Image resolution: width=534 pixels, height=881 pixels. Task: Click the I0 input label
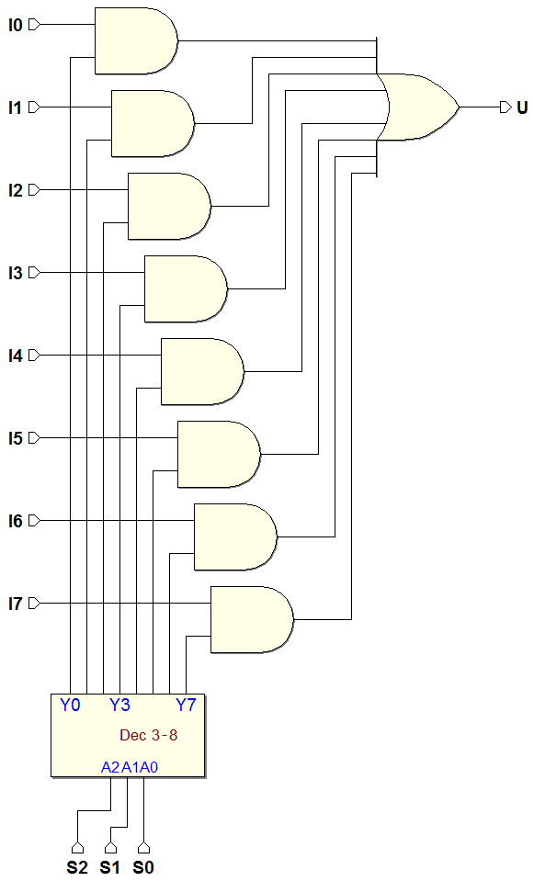tap(16, 25)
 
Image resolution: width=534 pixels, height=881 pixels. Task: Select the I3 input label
tap(16, 273)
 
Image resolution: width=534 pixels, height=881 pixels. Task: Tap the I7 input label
tap(16, 604)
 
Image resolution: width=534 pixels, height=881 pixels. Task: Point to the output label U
tap(522, 107)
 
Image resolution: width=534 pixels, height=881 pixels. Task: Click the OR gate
tap(417, 107)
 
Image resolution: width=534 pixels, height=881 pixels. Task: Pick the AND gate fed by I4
tap(202, 371)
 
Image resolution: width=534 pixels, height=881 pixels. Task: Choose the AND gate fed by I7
tap(252, 620)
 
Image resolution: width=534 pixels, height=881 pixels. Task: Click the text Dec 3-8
tap(148, 735)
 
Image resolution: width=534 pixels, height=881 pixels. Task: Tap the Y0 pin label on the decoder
tap(70, 705)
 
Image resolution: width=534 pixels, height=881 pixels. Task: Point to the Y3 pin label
tap(119, 705)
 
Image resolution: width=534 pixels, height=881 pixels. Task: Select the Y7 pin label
tap(186, 705)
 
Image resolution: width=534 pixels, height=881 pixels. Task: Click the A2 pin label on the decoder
tap(110, 767)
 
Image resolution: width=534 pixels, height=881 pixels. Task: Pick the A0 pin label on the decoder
tap(148, 767)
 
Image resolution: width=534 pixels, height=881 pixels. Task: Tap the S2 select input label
tap(77, 867)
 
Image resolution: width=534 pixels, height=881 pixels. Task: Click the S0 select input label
tap(143, 867)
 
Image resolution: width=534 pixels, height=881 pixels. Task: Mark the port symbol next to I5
tap(34, 437)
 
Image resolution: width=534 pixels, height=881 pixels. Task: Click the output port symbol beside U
tap(506, 107)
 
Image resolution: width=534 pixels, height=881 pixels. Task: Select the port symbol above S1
tap(110, 847)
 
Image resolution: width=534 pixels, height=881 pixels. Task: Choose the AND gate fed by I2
tap(169, 206)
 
